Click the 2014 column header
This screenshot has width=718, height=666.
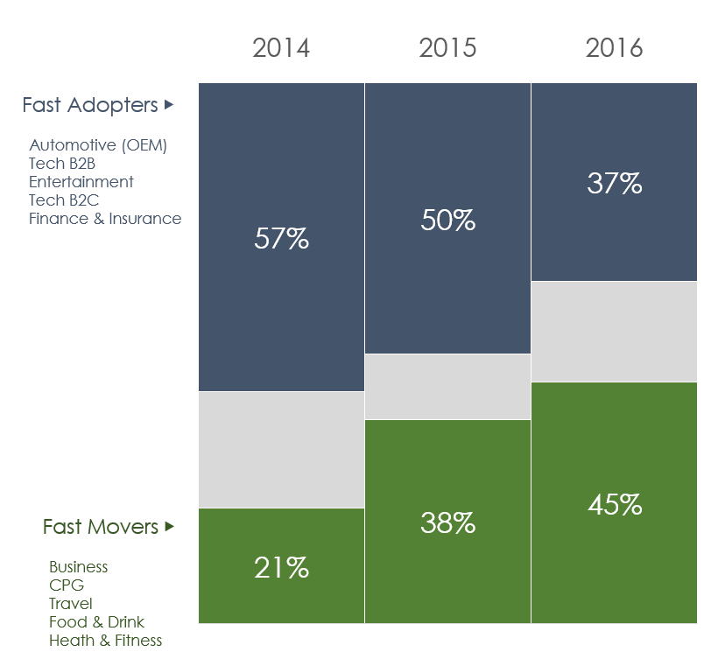pyautogui.click(x=281, y=47)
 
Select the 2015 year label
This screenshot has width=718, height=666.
pyautogui.click(x=447, y=47)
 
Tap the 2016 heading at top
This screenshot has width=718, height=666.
pyautogui.click(x=614, y=47)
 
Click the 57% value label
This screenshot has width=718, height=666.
pyautogui.click(x=281, y=239)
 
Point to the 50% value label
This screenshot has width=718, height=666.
pyautogui.click(x=447, y=220)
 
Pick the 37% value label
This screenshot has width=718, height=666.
pyautogui.click(x=614, y=184)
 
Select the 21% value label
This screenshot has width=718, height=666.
pyautogui.click(x=281, y=568)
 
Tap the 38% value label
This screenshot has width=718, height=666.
pyautogui.click(x=447, y=523)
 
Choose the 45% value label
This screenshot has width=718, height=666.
pyautogui.click(x=614, y=505)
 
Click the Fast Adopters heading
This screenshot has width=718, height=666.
pyautogui.click(x=89, y=105)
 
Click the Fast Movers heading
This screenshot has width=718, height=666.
pyautogui.click(x=101, y=527)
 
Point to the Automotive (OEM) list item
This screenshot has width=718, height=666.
pyautogui.click(x=98, y=145)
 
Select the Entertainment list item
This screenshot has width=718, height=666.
pyautogui.click(x=81, y=182)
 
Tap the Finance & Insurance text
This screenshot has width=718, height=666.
pyautogui.click(x=105, y=219)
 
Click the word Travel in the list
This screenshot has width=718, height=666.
pyautogui.click(x=71, y=604)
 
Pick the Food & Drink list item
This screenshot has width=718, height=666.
pyautogui.click(x=96, y=622)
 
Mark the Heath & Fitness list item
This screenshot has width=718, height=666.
pyautogui.click(x=105, y=641)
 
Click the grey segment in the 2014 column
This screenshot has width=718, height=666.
pyautogui.click(x=281, y=450)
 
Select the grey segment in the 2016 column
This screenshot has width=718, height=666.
pyautogui.click(x=614, y=332)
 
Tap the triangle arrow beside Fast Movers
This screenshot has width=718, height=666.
pyautogui.click(x=170, y=527)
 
